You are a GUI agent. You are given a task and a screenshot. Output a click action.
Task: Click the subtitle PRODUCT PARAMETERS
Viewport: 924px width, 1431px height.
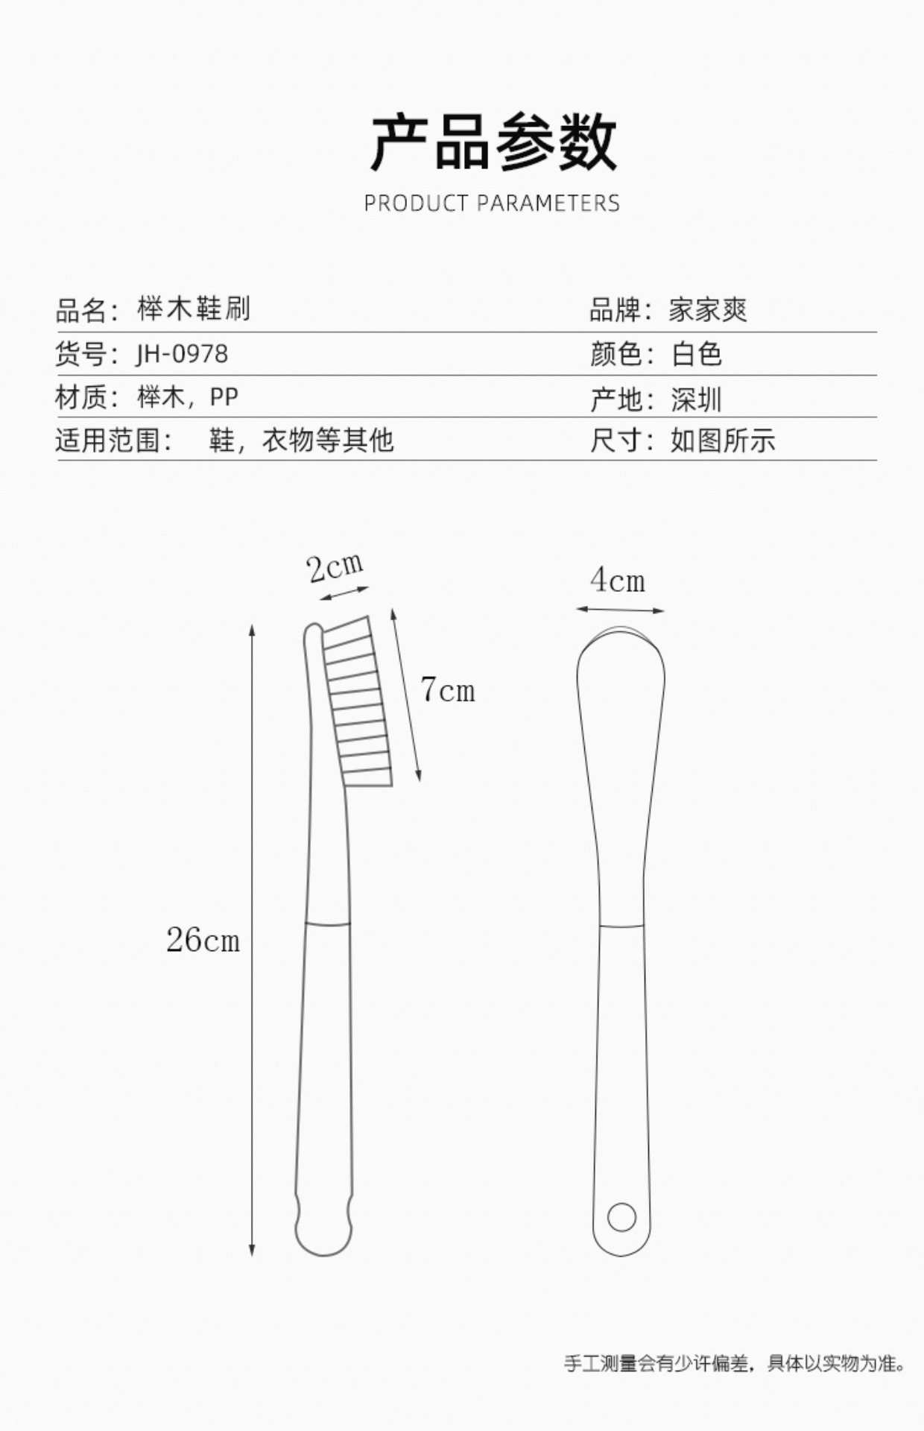click(492, 203)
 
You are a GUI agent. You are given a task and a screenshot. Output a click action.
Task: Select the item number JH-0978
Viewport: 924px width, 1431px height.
click(182, 354)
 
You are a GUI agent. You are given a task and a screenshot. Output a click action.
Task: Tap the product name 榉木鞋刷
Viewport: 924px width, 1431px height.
click(194, 309)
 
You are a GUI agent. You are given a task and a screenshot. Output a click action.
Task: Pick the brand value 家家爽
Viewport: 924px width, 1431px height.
click(707, 310)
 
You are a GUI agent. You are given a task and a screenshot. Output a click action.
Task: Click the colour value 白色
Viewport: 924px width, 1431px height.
click(697, 354)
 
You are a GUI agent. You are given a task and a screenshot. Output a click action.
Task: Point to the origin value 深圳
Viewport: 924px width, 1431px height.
click(696, 399)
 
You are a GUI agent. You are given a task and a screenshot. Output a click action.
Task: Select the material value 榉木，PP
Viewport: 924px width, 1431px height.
click(188, 397)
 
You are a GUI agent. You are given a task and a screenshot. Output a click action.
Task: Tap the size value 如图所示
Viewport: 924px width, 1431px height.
click(722, 440)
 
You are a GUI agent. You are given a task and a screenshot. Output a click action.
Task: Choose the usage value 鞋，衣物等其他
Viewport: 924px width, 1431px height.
click(301, 440)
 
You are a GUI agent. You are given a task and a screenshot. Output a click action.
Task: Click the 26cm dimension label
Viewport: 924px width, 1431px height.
click(203, 940)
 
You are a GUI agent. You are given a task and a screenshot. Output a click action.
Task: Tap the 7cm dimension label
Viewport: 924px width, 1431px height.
click(447, 690)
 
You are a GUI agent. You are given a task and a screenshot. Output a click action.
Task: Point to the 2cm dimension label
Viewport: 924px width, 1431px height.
click(335, 568)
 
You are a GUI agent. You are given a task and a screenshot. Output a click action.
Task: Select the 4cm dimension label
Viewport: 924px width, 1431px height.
click(618, 581)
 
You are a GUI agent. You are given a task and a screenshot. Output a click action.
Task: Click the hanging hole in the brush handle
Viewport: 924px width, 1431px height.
click(621, 1217)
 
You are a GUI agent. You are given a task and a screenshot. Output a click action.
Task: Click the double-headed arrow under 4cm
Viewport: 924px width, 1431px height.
click(620, 610)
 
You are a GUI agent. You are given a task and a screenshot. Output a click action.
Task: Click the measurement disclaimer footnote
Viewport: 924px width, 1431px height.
click(734, 1363)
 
